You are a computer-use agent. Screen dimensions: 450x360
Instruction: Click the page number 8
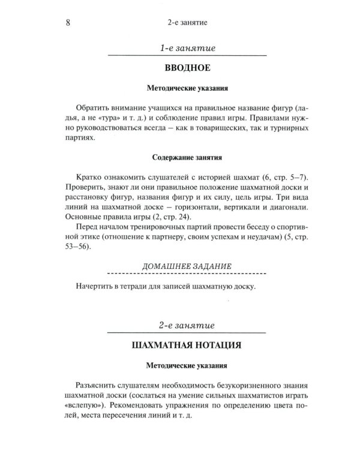click(67, 23)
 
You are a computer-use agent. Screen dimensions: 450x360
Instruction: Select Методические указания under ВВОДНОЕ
click(188, 88)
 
